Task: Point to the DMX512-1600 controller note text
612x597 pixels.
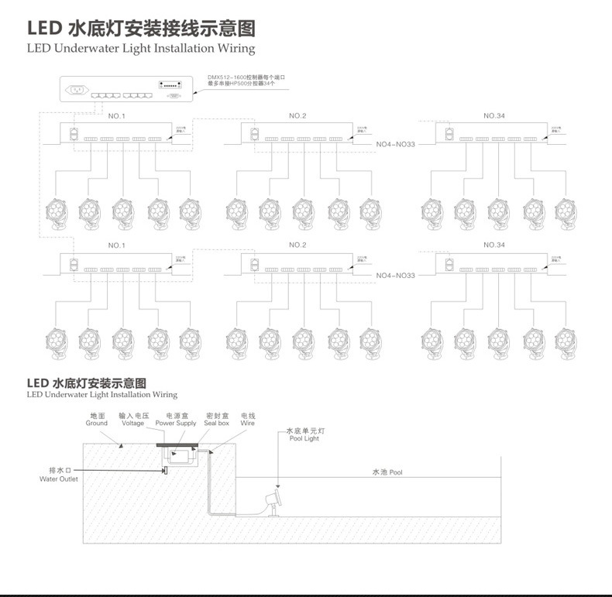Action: point(246,81)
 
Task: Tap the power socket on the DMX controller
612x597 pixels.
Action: point(78,89)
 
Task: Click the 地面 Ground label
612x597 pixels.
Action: point(97,420)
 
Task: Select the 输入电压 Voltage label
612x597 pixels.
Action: point(132,420)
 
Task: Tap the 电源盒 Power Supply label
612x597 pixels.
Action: point(176,420)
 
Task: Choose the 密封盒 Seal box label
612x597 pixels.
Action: point(216,420)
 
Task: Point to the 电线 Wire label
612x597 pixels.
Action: point(248,420)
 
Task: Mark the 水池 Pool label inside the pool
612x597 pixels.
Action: point(387,472)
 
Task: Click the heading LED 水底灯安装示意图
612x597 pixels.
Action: point(86,383)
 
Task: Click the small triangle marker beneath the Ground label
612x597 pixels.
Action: point(121,446)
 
